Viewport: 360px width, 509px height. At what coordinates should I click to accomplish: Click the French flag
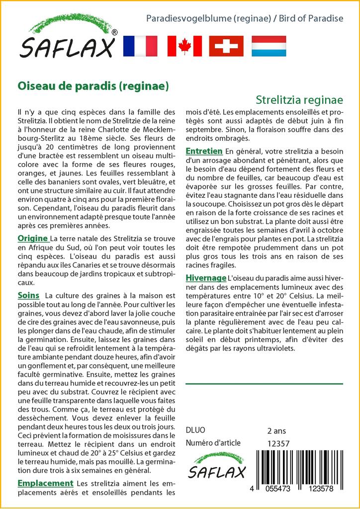point(140,46)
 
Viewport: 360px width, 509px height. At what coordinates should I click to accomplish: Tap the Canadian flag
point(184,46)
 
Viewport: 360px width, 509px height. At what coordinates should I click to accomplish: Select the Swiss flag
point(226,46)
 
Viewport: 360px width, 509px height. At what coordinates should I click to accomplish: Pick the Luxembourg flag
point(269,46)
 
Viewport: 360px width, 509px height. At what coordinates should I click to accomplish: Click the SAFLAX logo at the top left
point(69,40)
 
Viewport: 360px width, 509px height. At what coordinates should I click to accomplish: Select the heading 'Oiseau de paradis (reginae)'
point(93,85)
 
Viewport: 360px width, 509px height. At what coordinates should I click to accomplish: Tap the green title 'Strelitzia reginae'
point(300,99)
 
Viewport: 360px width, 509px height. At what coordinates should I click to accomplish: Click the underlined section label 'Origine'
point(33,238)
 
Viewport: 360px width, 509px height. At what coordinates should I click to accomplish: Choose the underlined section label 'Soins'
point(28,295)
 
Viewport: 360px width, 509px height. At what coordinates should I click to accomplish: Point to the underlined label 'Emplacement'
point(45,483)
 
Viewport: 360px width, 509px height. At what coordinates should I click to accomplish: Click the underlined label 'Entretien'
point(204,151)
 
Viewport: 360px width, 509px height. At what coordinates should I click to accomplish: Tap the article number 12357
point(278,443)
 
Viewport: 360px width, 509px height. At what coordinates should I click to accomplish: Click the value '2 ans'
point(276,430)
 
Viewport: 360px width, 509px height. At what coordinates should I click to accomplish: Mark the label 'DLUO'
point(195,430)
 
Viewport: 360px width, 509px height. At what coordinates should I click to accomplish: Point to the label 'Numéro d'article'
point(213,443)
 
